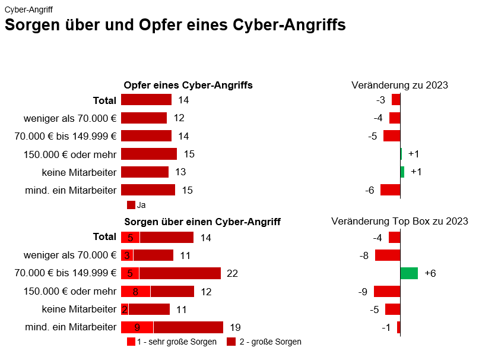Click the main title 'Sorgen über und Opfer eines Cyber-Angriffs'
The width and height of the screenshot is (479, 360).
point(175,26)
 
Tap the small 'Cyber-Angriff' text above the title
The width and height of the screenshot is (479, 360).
point(28,10)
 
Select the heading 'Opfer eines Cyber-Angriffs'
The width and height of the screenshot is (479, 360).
point(188,86)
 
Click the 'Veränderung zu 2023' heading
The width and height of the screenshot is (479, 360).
point(399,85)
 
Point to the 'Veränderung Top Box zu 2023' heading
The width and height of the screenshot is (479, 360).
point(399,222)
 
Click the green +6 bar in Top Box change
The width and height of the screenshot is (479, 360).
point(409,273)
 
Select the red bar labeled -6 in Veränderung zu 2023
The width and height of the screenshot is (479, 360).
point(390,190)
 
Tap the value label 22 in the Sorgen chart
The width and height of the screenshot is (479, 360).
point(232,273)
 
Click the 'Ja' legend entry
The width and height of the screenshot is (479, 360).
point(137,205)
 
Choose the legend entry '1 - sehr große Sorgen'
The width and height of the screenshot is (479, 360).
point(172,342)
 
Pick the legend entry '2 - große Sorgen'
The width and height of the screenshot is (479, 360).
point(264,342)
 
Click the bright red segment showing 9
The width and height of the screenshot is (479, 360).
point(137,327)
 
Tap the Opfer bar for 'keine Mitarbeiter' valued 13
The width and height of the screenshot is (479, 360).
point(145,172)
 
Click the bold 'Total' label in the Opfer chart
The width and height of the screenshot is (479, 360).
point(104,100)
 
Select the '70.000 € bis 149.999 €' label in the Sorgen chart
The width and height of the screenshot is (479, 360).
point(65,273)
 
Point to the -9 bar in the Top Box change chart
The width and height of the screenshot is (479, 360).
point(387,292)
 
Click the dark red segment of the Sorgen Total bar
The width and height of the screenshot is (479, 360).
point(167,238)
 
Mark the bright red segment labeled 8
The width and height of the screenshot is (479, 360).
point(135,292)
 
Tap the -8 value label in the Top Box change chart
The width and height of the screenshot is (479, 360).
point(364,255)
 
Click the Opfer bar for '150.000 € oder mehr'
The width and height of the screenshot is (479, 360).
point(149,154)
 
